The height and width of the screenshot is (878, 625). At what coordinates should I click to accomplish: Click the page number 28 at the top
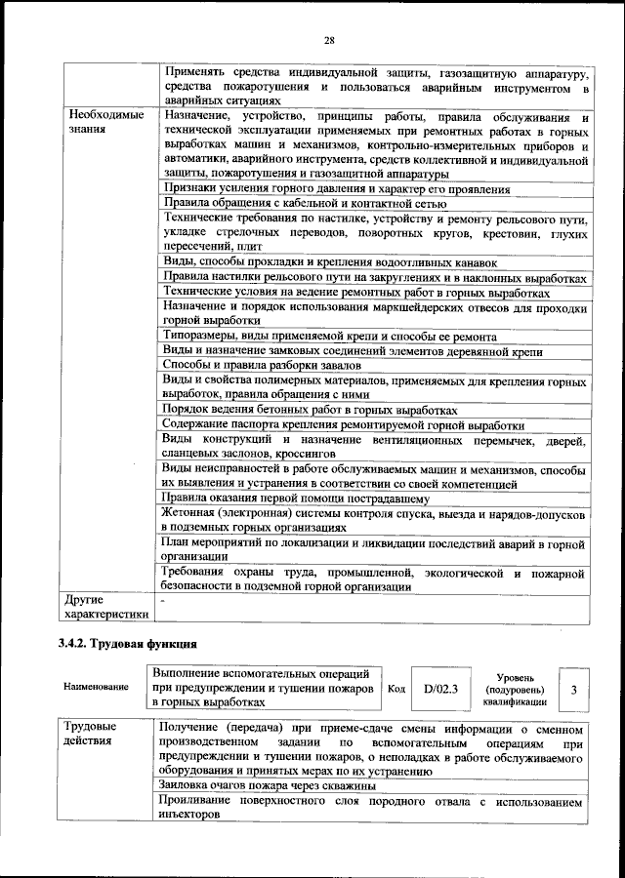click(x=329, y=40)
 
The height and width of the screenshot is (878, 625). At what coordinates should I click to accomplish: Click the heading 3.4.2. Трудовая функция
click(x=128, y=644)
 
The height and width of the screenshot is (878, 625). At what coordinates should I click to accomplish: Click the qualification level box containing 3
click(x=574, y=690)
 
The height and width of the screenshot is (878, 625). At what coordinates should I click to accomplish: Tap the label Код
click(x=396, y=689)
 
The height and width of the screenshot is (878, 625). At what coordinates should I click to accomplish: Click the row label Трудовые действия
click(x=91, y=735)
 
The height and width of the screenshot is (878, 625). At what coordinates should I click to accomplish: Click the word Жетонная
click(x=193, y=512)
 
